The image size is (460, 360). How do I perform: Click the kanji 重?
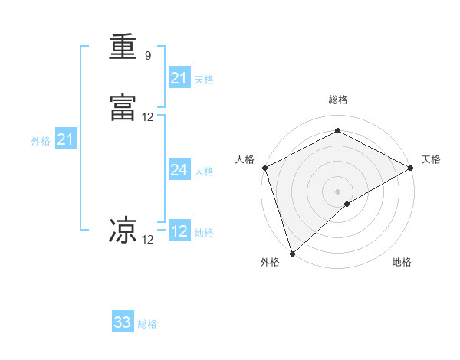(x=123, y=47)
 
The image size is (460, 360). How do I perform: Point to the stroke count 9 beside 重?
(x=148, y=56)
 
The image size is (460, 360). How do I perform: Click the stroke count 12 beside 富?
(x=148, y=117)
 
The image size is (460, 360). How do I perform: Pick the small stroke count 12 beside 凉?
(x=148, y=240)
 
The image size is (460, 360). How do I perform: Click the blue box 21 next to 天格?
(x=179, y=78)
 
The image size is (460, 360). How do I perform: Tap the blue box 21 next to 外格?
(x=66, y=139)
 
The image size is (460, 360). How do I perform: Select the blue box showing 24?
(x=179, y=170)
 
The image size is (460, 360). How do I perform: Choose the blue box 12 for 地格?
(x=179, y=231)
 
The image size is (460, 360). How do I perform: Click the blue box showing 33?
(x=123, y=322)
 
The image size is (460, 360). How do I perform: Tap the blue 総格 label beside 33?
(x=147, y=324)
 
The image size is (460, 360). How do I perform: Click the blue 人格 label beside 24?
(x=204, y=172)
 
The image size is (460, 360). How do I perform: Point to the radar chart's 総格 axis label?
(x=338, y=100)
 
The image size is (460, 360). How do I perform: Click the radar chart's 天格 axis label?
(x=431, y=159)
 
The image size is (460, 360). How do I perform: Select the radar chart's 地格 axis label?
(x=402, y=263)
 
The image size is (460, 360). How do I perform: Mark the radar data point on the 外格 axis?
(x=291, y=254)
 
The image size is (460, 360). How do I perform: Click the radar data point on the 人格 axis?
(x=264, y=168)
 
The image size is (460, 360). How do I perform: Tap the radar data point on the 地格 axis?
(x=347, y=204)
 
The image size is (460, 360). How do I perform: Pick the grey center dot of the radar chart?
(x=338, y=191)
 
